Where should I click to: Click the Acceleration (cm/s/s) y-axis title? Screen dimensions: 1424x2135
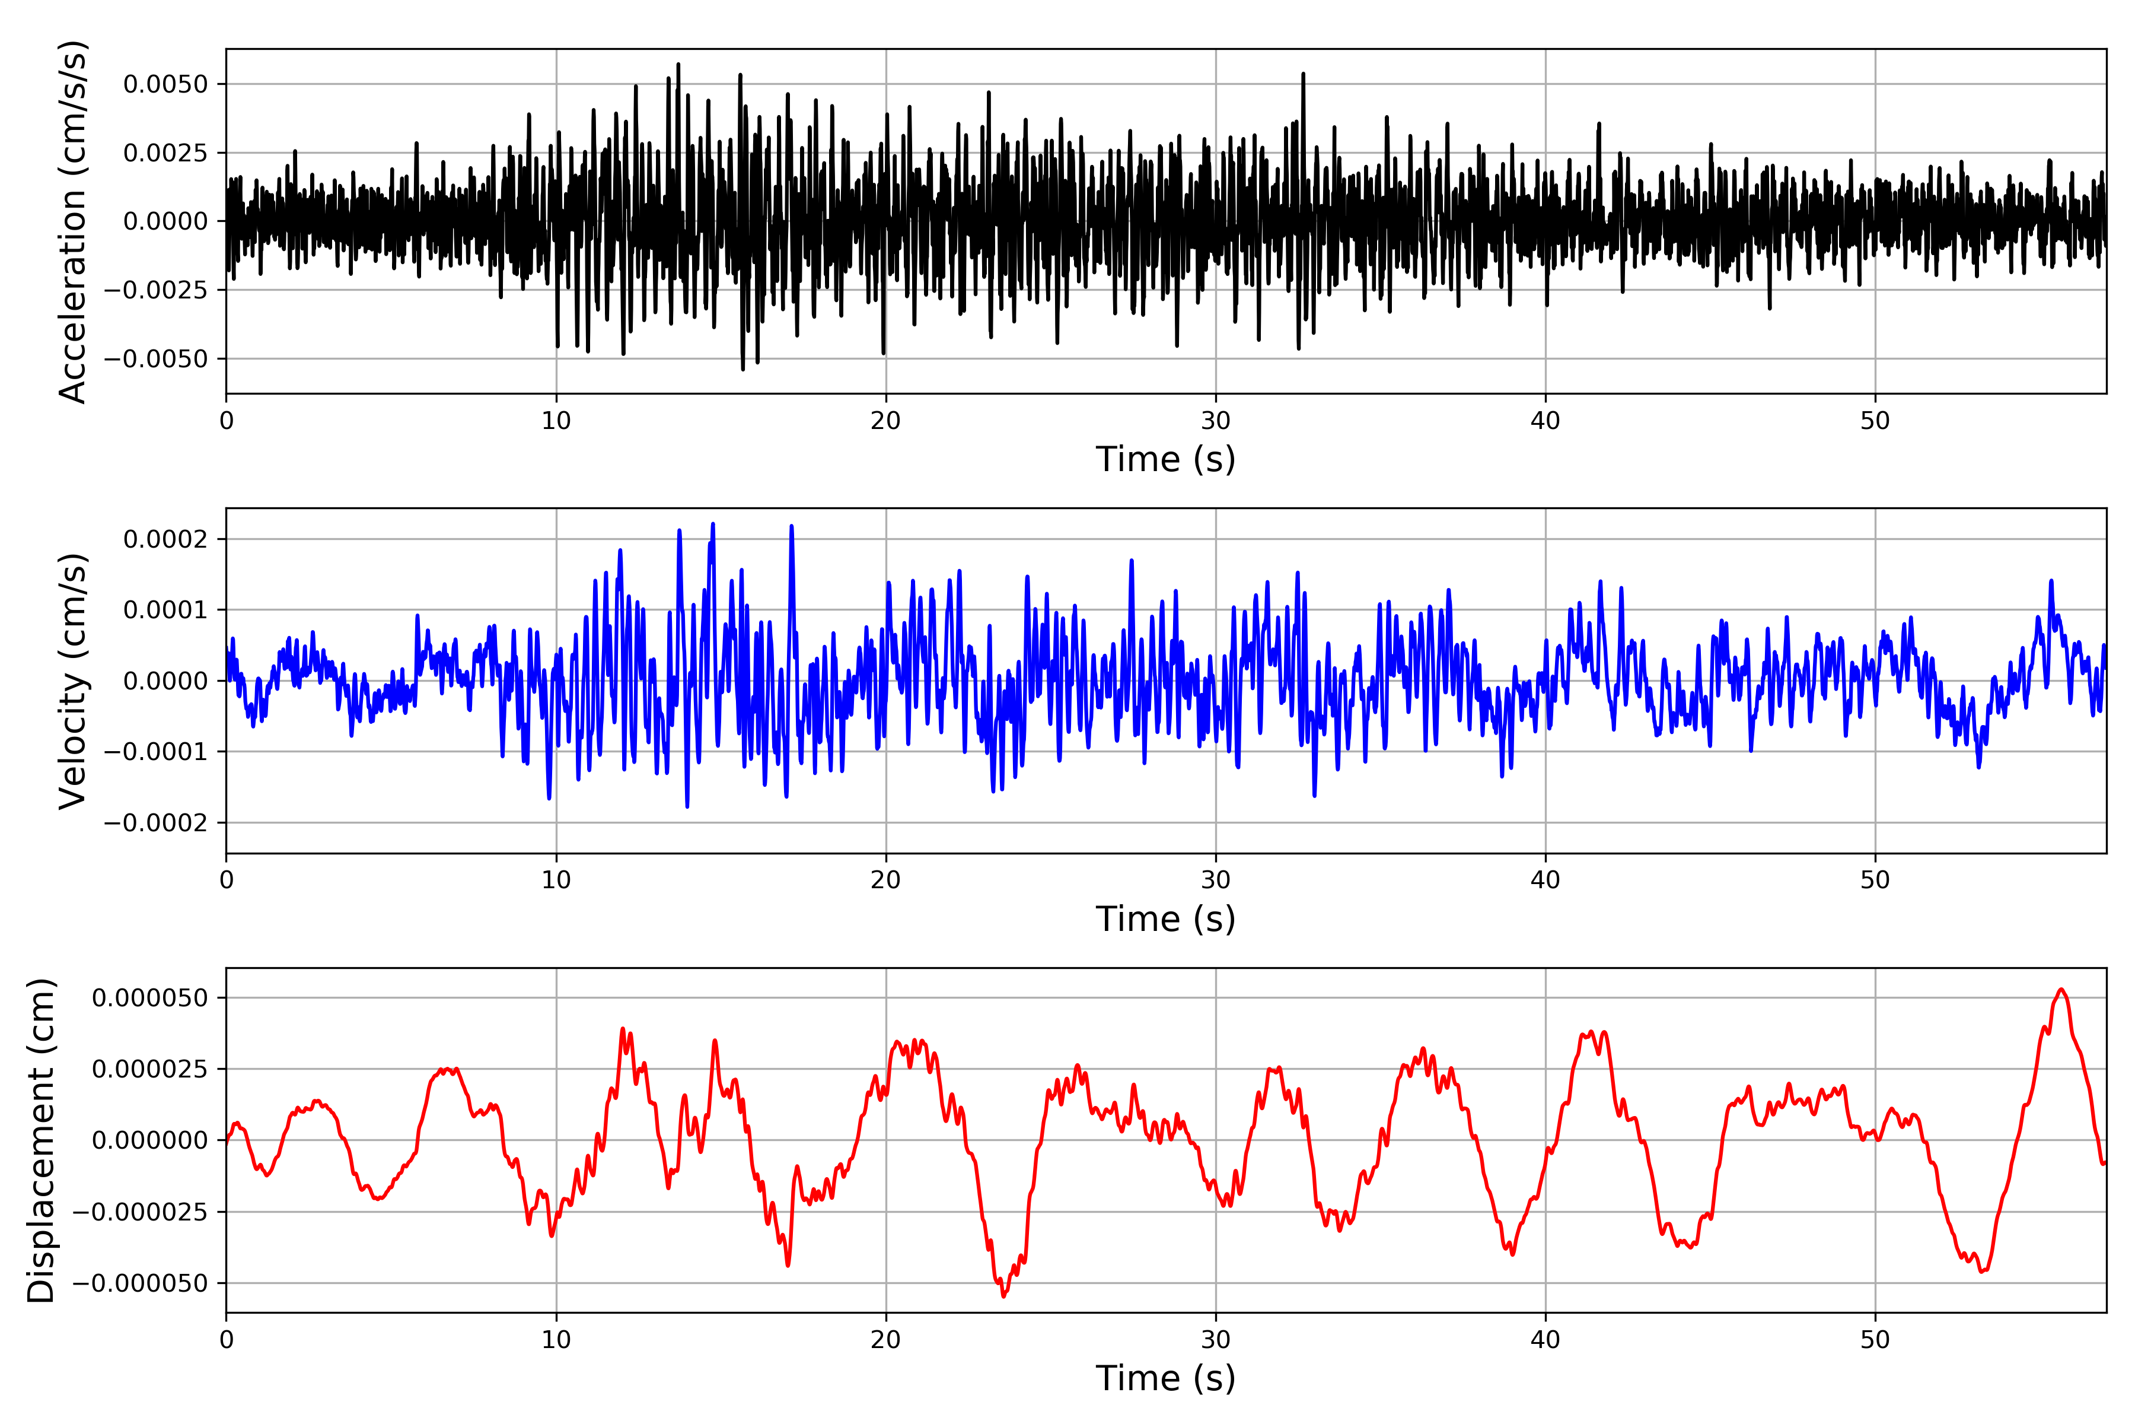(72, 221)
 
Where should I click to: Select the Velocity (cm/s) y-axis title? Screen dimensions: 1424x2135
(72, 681)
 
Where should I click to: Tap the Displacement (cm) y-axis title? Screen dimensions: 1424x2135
(41, 1140)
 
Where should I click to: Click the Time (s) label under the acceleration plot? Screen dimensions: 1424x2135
(1165, 459)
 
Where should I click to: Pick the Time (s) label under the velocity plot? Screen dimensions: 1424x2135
(1165, 919)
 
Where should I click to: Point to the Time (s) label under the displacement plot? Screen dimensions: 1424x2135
(1165, 1378)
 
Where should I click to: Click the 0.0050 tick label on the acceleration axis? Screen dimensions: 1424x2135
(165, 84)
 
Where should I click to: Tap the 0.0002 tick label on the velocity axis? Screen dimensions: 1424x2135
(165, 539)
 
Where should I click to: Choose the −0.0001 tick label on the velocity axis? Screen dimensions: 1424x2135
(155, 752)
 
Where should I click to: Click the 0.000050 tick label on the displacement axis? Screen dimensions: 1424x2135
(150, 998)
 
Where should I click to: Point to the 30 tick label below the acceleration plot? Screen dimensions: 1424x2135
(1215, 421)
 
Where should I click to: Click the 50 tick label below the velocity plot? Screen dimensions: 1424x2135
(1875, 880)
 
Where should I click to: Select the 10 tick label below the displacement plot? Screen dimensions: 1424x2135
(556, 1340)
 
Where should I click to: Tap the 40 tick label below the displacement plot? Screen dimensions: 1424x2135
(1545, 1340)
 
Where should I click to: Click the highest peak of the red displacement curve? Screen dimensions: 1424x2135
(2061, 990)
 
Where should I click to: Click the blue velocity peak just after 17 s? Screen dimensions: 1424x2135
(792, 527)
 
